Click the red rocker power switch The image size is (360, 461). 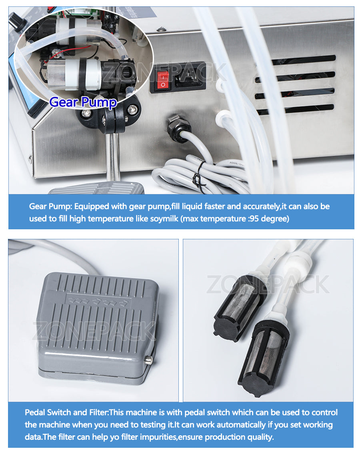tap(162, 80)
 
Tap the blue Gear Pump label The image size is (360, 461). tap(83, 102)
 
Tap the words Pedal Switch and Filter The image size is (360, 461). tap(66, 413)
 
